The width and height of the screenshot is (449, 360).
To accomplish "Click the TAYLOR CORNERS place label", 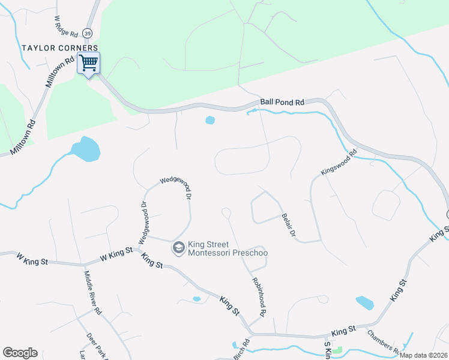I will (59, 47).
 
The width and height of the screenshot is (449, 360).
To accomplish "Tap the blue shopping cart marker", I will (88, 62).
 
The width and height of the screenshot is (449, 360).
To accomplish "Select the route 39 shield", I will (88, 34).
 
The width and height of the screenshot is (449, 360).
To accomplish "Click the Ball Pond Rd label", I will (282, 103).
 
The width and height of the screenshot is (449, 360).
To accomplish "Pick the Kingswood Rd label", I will (339, 162).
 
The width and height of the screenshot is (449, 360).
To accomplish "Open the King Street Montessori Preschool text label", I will (228, 248).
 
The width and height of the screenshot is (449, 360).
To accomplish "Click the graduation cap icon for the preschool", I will (178, 247).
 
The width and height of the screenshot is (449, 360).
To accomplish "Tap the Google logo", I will (20, 353).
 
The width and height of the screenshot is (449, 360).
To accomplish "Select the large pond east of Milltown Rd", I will (85, 149).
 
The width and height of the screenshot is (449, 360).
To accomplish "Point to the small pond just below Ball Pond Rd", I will (210, 120).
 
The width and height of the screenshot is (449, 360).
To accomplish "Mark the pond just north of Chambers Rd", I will (364, 303).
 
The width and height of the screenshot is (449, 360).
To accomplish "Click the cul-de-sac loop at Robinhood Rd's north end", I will (226, 212).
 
